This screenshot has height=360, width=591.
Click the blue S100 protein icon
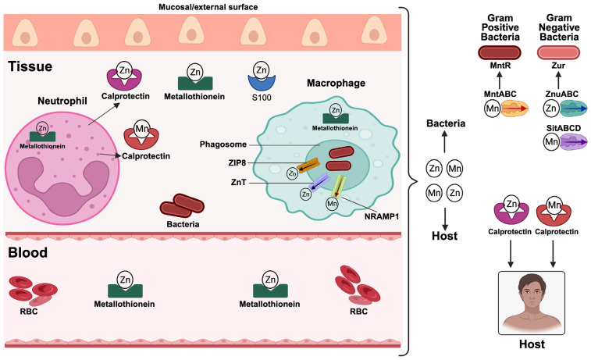pos(262,82)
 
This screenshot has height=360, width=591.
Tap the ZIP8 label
pos(237,163)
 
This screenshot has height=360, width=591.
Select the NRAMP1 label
pos(382,217)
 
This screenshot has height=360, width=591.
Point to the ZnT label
pos(239,183)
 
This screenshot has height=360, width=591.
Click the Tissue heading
pos(30,66)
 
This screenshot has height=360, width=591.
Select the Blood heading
pos(28,252)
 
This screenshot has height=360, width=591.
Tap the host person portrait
pos(532,303)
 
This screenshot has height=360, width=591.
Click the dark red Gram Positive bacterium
pos(500,53)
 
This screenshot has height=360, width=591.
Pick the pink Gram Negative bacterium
pos(558,53)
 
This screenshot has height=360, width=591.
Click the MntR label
pos(500,66)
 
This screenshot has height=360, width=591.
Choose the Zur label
pos(558,66)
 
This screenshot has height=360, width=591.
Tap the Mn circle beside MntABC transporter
pos(493,109)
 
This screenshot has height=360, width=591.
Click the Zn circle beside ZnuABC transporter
pos(551,109)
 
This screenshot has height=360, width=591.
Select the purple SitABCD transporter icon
pos(573,142)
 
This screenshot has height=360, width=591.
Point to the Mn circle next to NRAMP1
pos(332,204)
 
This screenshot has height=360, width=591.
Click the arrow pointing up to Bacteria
pos(445,142)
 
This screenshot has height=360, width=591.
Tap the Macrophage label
pos(336,83)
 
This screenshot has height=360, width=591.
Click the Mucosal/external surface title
pos(208,7)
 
